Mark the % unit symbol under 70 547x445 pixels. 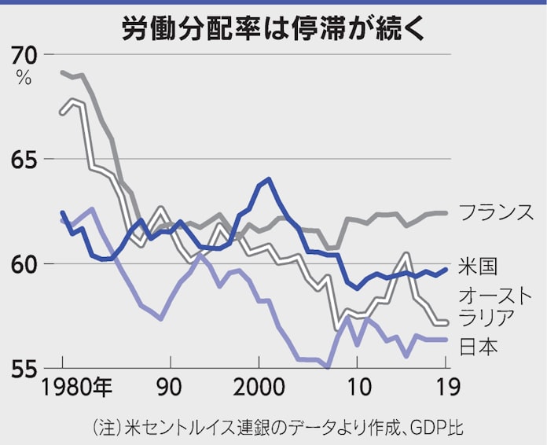(24, 78)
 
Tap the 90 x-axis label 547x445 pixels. (169, 388)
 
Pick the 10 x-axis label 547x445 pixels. (358, 388)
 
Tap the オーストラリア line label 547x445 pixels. (496, 306)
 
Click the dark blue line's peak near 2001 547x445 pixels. (269, 179)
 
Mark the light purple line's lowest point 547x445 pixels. (328, 367)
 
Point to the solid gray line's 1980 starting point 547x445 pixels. (63, 72)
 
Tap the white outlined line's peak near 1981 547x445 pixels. (73, 100)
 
